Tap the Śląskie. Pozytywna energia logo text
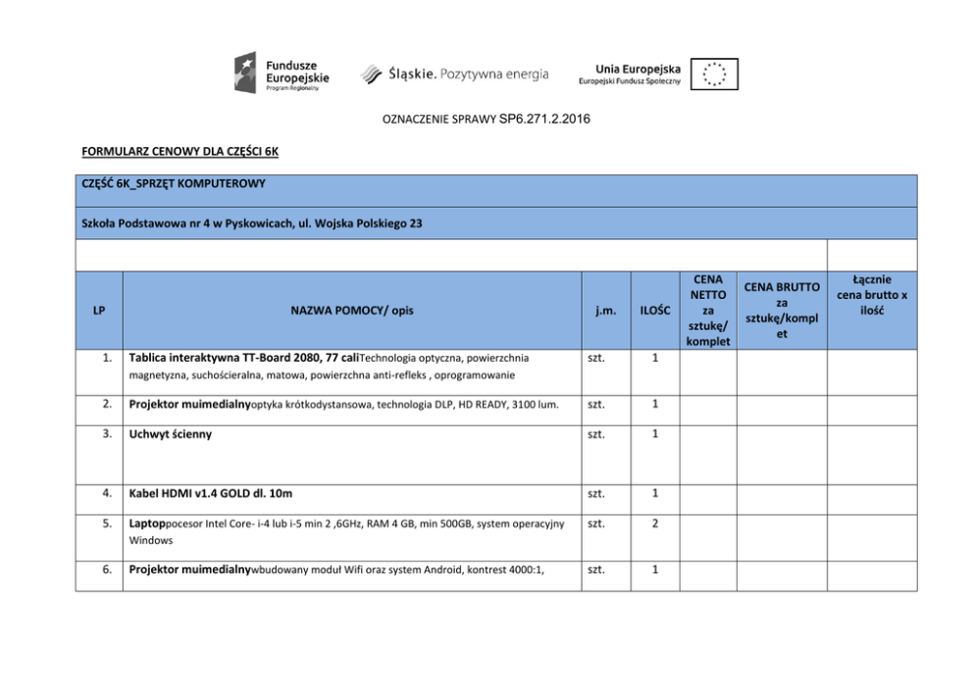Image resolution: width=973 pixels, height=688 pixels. tap(455, 74)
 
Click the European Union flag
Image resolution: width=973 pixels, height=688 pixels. tap(714, 74)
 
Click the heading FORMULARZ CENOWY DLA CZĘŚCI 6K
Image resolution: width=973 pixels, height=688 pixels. tap(179, 152)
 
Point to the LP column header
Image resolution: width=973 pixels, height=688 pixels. tap(99, 311)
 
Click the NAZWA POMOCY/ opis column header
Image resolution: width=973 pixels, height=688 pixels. tap(352, 311)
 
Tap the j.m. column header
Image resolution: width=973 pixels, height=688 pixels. tap(605, 311)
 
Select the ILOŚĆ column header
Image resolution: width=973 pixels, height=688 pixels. tap(654, 311)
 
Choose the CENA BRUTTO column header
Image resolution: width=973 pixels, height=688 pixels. tap(782, 311)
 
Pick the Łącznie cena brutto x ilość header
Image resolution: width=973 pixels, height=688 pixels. tap(871, 294)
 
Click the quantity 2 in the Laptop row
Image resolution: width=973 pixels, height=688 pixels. tap(654, 523)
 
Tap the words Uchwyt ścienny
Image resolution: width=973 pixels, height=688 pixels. tap(171, 433)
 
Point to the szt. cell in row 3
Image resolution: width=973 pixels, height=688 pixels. tap(595, 433)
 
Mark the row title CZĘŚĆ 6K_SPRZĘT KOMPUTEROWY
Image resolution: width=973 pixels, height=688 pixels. tap(174, 183)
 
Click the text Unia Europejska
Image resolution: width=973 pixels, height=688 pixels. tap(638, 69)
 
